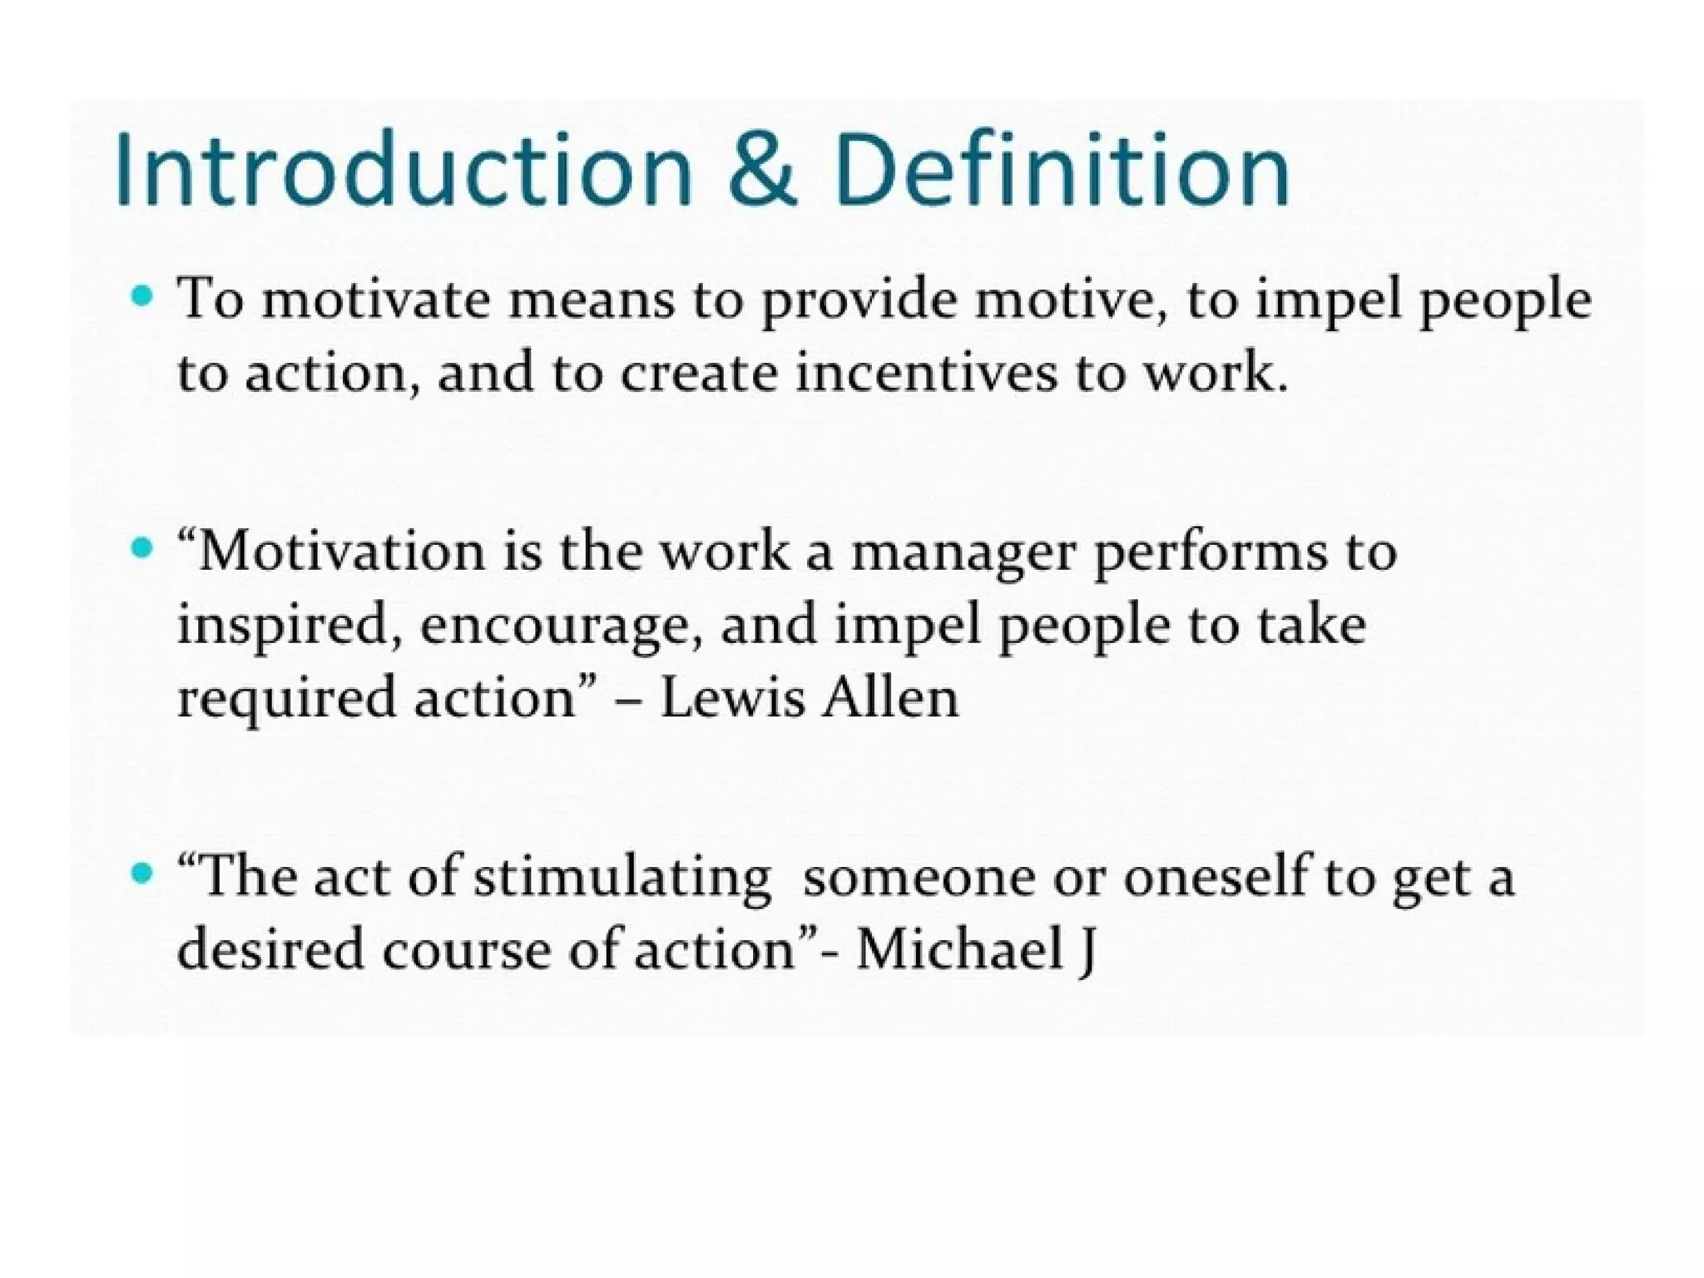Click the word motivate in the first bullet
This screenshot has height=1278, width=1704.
pos(376,300)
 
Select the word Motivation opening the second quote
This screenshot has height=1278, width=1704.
pos(341,552)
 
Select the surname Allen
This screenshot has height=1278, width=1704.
pos(889,699)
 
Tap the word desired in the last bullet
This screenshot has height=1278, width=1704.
pos(270,950)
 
